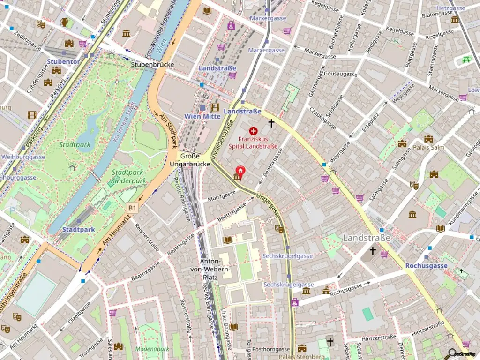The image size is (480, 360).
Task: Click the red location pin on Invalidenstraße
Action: point(240,172)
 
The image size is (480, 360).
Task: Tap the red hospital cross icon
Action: point(254,131)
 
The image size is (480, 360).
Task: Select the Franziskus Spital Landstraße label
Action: point(253,142)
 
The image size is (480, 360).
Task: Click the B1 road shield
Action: point(132,207)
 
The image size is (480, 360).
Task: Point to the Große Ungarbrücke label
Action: point(189,160)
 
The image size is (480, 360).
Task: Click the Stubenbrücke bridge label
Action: point(152,65)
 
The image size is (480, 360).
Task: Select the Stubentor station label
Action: point(63,61)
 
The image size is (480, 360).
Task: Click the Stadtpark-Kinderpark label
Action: point(129,176)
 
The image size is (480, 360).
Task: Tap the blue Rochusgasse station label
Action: point(426,265)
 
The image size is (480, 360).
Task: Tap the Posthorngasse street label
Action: point(271,349)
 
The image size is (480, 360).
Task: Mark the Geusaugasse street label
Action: point(340,74)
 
